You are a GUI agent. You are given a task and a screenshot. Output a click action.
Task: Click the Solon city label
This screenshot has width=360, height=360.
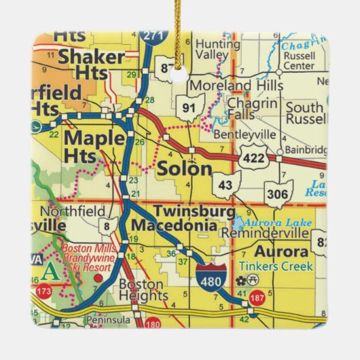point(184,169)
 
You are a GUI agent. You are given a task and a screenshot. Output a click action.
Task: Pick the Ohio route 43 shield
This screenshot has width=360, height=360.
point(226,185)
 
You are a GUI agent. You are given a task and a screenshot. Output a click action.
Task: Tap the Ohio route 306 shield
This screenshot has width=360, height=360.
point(279,194)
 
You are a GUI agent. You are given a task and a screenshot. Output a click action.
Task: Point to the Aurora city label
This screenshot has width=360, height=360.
point(282,251)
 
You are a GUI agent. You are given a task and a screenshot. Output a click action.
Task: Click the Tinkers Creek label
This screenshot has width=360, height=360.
point(275,266)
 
